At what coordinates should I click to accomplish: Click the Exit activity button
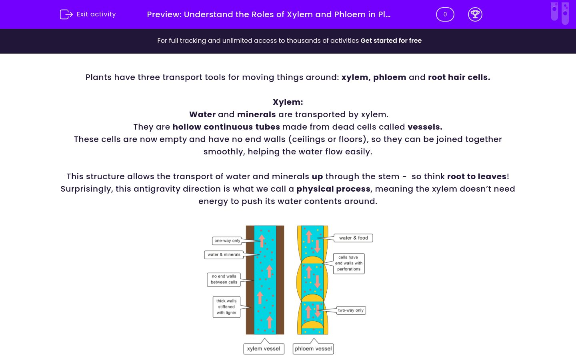pos(88,14)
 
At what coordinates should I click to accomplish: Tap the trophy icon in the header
pos(475,14)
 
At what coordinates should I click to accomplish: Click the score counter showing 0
pos(445,14)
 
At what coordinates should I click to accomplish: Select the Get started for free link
pos(391,40)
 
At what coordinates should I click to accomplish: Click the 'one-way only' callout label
pos(227,241)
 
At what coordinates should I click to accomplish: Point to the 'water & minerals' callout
pos(224,254)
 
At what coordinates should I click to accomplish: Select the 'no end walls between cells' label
pos(224,279)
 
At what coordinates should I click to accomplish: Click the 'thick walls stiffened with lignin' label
pos(226,307)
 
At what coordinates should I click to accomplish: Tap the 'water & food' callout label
pos(353,238)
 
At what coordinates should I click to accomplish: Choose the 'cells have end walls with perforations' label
pos(348,263)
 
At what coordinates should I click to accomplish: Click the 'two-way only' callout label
pos(351,310)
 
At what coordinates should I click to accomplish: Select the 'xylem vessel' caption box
pos(264,349)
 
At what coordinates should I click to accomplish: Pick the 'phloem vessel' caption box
pos(313,349)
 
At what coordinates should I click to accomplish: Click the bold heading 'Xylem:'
pos(288,102)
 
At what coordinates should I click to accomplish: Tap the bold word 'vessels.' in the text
pos(425,127)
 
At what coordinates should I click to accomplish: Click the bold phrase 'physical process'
pos(333,189)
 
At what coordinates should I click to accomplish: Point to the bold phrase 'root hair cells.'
pos(459,77)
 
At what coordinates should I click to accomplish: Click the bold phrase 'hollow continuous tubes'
pos(226,127)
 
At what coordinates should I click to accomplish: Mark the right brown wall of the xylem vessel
pos(280,280)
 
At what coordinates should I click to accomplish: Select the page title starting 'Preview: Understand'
pos(268,14)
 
